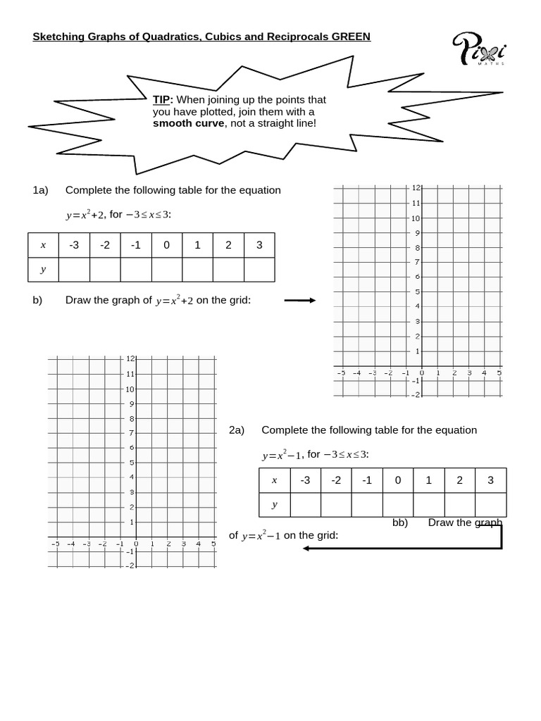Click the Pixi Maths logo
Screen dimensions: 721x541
tap(478, 50)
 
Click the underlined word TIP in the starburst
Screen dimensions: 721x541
tap(162, 100)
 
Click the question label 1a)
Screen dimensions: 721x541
tap(40, 190)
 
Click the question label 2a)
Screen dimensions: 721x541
tap(237, 430)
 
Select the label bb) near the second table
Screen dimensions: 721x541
tap(400, 522)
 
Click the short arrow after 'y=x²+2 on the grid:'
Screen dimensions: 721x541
tap(299, 301)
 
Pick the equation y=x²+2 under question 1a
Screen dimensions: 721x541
tap(85, 215)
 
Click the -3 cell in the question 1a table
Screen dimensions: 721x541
tap(74, 245)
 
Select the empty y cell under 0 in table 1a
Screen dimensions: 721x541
tap(167, 270)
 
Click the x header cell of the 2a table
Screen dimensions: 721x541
tap(274, 480)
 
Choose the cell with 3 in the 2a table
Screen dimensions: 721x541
tap(490, 480)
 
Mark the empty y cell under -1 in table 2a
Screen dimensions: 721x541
tap(367, 505)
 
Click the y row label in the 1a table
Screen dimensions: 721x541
tap(43, 270)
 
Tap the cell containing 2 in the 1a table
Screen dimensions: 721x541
tap(228, 245)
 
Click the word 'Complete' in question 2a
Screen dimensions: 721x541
tap(283, 430)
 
